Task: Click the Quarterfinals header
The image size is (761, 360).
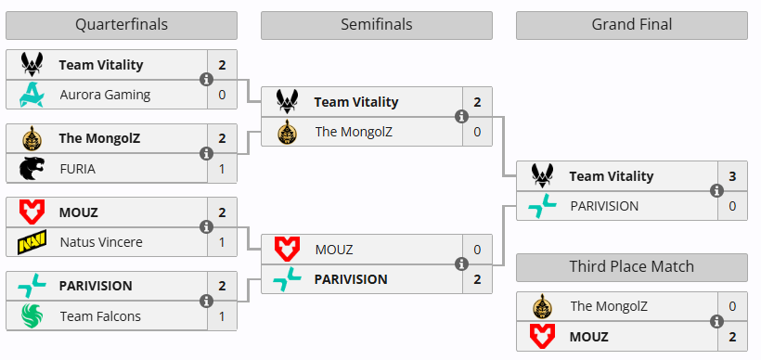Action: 121,25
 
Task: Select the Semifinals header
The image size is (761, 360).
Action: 376,25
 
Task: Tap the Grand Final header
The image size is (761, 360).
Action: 631,25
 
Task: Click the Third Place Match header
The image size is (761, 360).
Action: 631,267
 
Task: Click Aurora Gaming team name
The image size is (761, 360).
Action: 105,94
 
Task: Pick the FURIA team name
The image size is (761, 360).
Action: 78,168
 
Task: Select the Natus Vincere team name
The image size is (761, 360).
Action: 101,242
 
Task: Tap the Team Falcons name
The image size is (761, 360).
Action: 100,316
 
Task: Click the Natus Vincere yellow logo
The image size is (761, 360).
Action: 32,242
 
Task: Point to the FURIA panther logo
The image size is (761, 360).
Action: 32,168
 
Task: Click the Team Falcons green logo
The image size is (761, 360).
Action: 32,316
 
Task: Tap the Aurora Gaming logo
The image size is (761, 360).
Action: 32,94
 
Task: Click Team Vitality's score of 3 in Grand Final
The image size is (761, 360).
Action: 732,176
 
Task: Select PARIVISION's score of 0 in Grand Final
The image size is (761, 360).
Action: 732,205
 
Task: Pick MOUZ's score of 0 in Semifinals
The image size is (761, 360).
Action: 477,250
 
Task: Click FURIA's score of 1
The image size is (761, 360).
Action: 222,168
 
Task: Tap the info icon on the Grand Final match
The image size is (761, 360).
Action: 716,191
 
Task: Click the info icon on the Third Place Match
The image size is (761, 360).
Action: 716,321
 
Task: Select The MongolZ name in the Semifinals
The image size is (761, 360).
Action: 354,132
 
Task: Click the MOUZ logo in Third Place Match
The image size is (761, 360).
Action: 543,335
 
